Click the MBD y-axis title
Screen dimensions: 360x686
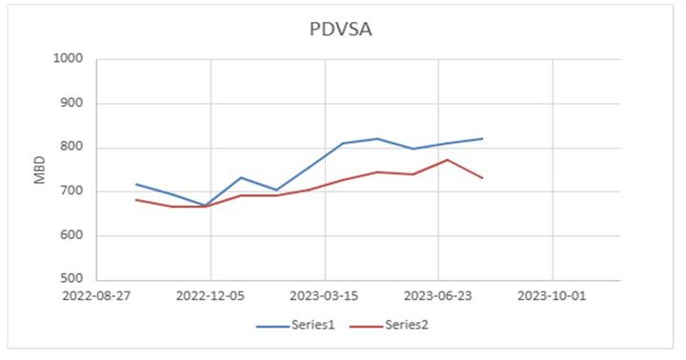click(x=40, y=169)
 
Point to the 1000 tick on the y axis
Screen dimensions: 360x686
click(x=70, y=59)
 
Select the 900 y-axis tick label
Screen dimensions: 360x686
click(x=72, y=104)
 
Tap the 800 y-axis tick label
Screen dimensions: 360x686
click(x=72, y=148)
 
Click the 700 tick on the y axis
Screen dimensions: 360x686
click(x=72, y=191)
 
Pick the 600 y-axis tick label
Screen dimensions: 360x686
click(x=72, y=236)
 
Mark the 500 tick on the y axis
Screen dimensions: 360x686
click(x=72, y=280)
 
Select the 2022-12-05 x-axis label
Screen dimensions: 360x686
click(x=211, y=296)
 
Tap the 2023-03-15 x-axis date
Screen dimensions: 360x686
click(x=325, y=296)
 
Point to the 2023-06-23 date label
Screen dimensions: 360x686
click(x=438, y=296)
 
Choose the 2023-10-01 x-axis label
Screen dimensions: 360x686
click(x=554, y=296)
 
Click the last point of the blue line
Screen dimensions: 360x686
click(x=483, y=139)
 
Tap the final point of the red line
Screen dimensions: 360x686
click(x=483, y=178)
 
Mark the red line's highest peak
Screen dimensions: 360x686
click(x=448, y=160)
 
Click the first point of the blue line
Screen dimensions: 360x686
click(x=136, y=184)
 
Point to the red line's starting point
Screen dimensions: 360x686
click(x=136, y=199)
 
